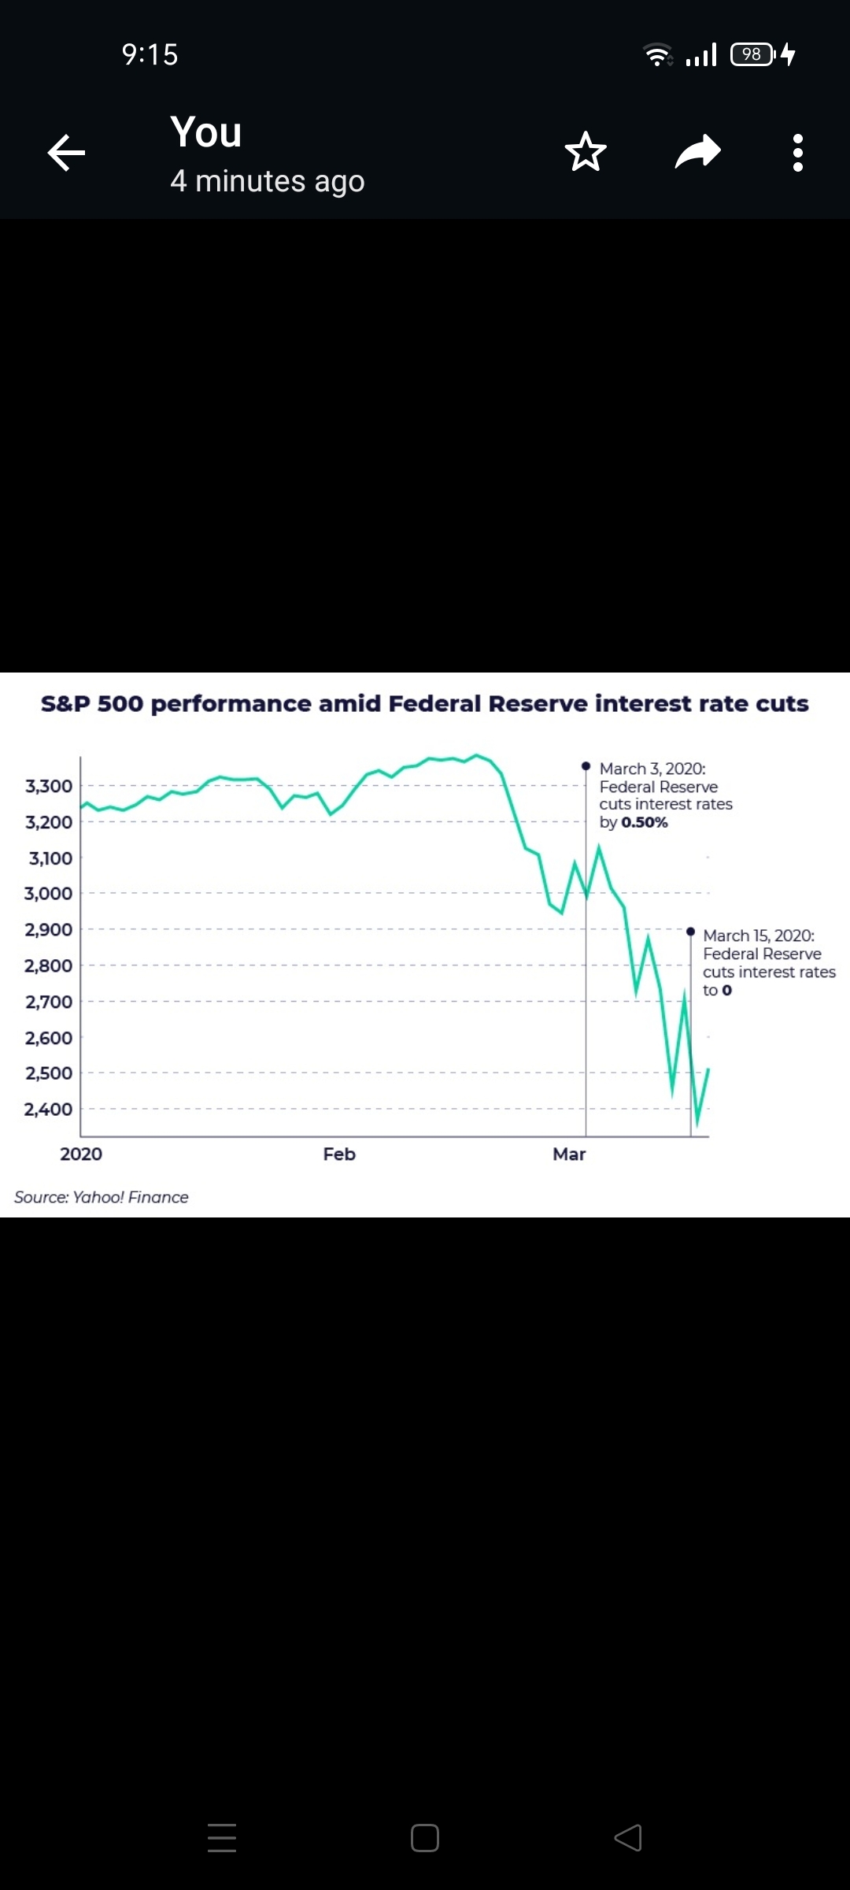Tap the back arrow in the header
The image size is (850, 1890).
coord(66,152)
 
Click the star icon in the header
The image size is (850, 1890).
coord(586,152)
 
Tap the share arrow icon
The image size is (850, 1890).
coord(698,152)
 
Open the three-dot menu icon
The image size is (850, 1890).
coord(798,152)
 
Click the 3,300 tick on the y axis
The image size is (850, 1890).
coord(49,786)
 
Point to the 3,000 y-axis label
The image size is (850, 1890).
coord(49,893)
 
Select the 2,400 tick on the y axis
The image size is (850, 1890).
coord(49,1109)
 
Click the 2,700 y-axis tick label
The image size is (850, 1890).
coord(49,1002)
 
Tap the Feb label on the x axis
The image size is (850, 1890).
coord(339,1154)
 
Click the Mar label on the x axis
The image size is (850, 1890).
coord(569,1154)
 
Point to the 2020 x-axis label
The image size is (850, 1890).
coord(81,1154)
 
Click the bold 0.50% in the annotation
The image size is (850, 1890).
coord(645,822)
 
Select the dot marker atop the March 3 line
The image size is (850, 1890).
coord(586,765)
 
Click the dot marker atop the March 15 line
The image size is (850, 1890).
coord(690,932)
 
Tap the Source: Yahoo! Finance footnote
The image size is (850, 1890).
coord(102,1197)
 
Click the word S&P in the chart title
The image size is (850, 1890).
coord(65,703)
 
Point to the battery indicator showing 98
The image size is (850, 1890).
coord(752,54)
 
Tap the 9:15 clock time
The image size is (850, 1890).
coord(150,54)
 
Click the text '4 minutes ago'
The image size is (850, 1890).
coord(268,181)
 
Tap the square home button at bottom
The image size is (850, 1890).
coord(425,1838)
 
